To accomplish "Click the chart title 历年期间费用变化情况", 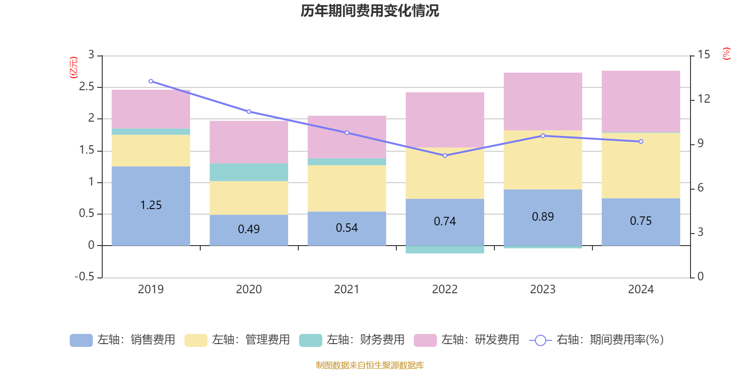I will [370, 11].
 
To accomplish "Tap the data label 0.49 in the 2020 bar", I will [249, 229].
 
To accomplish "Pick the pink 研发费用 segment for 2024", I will [641, 101].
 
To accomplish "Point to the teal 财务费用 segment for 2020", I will [249, 172].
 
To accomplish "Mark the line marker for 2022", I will [445, 155].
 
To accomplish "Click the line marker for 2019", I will [151, 81].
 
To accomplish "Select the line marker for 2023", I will [543, 136].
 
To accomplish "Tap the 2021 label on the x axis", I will [346, 289].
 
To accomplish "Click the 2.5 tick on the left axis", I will [86, 87].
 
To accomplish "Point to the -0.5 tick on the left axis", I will [84, 277].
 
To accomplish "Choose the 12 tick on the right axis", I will [704, 99].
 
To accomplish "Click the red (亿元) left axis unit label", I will [74, 68].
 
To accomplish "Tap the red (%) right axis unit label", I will [726, 54].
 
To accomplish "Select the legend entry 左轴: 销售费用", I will [123, 340].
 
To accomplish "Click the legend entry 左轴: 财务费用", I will [352, 340].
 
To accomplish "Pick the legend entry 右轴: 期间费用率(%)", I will [596, 340].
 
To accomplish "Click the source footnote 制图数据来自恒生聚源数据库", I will [370, 365].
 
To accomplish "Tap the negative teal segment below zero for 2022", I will [444, 250].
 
